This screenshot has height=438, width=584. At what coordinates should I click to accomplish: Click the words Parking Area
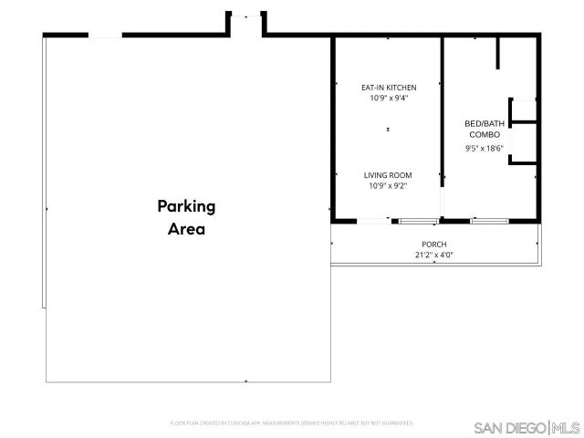(x=185, y=217)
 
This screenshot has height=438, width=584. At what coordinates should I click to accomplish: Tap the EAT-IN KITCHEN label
(x=389, y=88)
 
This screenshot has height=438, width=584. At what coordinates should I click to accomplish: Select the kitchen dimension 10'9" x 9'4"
(x=389, y=99)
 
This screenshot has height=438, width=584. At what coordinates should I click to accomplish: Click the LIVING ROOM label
(x=389, y=175)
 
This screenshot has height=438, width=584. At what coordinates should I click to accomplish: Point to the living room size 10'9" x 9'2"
(x=389, y=186)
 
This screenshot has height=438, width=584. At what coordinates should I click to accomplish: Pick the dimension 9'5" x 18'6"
(x=484, y=148)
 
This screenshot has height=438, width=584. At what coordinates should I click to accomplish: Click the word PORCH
(x=434, y=244)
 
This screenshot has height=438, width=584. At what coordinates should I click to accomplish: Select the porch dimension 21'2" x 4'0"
(x=434, y=255)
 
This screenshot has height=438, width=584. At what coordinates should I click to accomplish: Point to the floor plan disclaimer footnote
(x=292, y=423)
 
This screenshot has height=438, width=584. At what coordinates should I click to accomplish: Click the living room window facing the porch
(x=418, y=221)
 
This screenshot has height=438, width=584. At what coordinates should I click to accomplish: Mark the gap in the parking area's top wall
(x=105, y=36)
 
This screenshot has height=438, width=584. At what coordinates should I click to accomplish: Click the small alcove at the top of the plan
(x=245, y=25)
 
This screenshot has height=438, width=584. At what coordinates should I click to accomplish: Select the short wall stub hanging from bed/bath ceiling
(x=497, y=54)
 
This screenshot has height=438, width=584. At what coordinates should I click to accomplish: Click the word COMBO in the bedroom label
(x=484, y=134)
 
